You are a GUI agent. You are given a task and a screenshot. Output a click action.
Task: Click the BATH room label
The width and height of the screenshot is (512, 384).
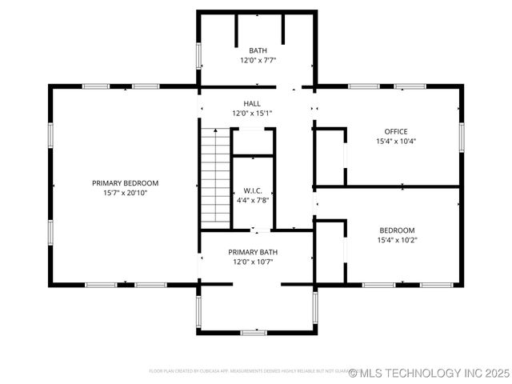coord(258,50)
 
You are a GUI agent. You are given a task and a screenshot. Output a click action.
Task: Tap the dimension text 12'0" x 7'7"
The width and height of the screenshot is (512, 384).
coord(258,60)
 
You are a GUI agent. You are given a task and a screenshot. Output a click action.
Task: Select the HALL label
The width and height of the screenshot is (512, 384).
coord(252,104)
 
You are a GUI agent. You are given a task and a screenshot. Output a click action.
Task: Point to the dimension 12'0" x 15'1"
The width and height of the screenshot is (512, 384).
coord(252,114)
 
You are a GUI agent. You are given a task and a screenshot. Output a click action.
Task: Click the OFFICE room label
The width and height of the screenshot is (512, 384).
coord(396,131)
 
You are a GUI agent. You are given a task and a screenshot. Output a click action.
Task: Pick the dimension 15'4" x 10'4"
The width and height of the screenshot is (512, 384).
coord(396,142)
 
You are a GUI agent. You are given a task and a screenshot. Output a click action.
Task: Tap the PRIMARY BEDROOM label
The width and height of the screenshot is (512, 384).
coord(125,182)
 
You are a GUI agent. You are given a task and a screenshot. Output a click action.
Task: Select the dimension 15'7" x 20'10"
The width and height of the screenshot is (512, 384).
coord(125,193)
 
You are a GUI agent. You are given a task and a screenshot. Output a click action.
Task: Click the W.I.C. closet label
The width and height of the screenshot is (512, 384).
coord(253,190)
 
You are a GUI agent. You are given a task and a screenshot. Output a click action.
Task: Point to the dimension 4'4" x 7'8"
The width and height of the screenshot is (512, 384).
coord(253,200)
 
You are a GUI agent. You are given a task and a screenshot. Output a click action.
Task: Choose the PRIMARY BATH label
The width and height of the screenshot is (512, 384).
coord(253,251)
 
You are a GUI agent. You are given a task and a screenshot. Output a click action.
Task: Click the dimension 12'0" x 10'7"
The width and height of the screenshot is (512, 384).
coord(253,262)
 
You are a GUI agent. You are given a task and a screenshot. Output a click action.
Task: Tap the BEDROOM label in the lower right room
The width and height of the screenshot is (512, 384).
coord(396,230)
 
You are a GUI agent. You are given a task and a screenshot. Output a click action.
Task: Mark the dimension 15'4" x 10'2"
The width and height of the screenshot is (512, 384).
coord(396,240)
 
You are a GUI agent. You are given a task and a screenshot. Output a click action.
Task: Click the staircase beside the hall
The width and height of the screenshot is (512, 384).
coord(214,176)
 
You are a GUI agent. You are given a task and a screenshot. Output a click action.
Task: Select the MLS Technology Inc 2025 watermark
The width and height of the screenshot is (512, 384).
coord(429,373)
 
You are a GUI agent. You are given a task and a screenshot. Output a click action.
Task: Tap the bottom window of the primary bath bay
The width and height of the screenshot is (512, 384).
coord(254,331)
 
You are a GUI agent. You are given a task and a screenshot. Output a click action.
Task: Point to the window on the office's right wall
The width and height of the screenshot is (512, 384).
coord(461,136)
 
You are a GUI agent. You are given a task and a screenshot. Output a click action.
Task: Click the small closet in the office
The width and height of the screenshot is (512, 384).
coord(329,156)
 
